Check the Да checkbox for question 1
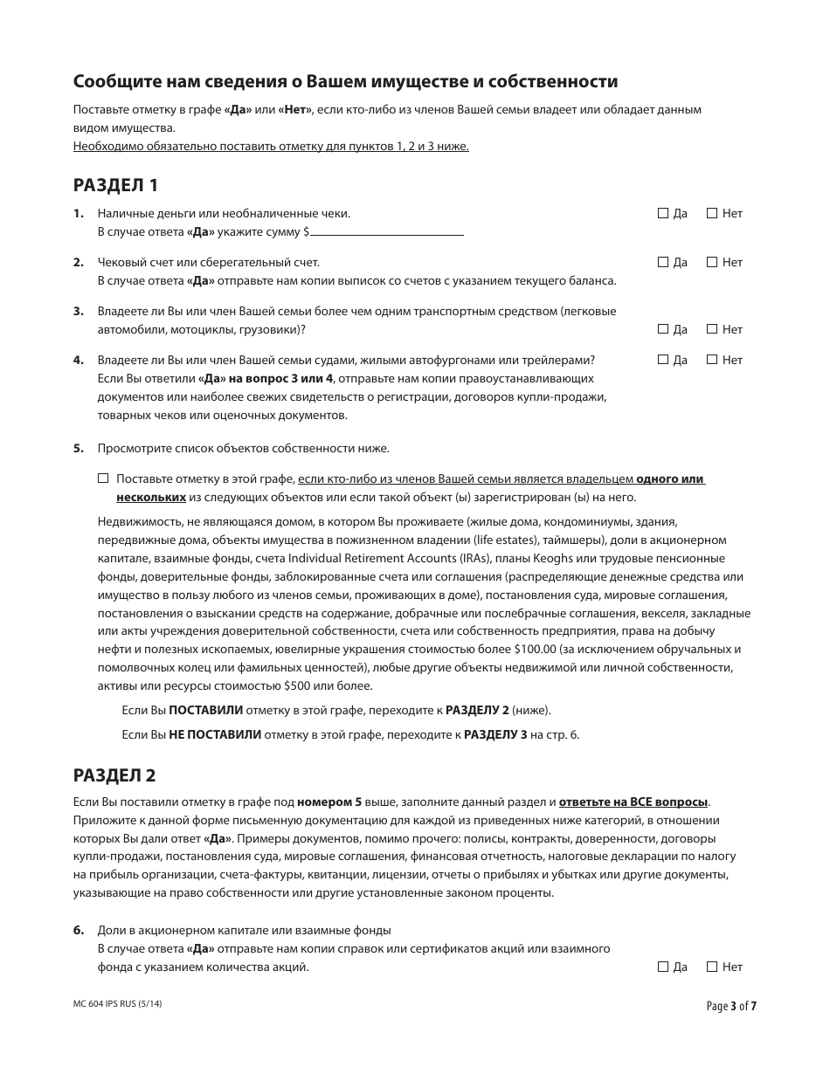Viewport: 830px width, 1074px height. (662, 213)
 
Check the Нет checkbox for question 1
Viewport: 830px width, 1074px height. (711, 213)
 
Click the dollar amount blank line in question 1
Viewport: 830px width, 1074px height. (386, 232)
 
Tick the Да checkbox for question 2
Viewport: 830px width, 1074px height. (662, 262)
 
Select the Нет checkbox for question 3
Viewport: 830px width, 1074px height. (711, 329)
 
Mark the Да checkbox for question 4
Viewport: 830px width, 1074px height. (662, 360)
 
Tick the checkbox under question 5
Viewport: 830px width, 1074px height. (103, 478)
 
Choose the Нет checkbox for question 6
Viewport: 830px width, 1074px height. (711, 967)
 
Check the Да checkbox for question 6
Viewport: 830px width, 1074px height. (662, 967)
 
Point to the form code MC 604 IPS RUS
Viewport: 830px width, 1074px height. (118, 1004)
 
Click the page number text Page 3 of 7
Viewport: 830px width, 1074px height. (731, 1006)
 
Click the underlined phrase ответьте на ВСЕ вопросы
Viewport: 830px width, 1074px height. (633, 802)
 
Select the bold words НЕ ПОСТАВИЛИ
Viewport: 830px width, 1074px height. (215, 734)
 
